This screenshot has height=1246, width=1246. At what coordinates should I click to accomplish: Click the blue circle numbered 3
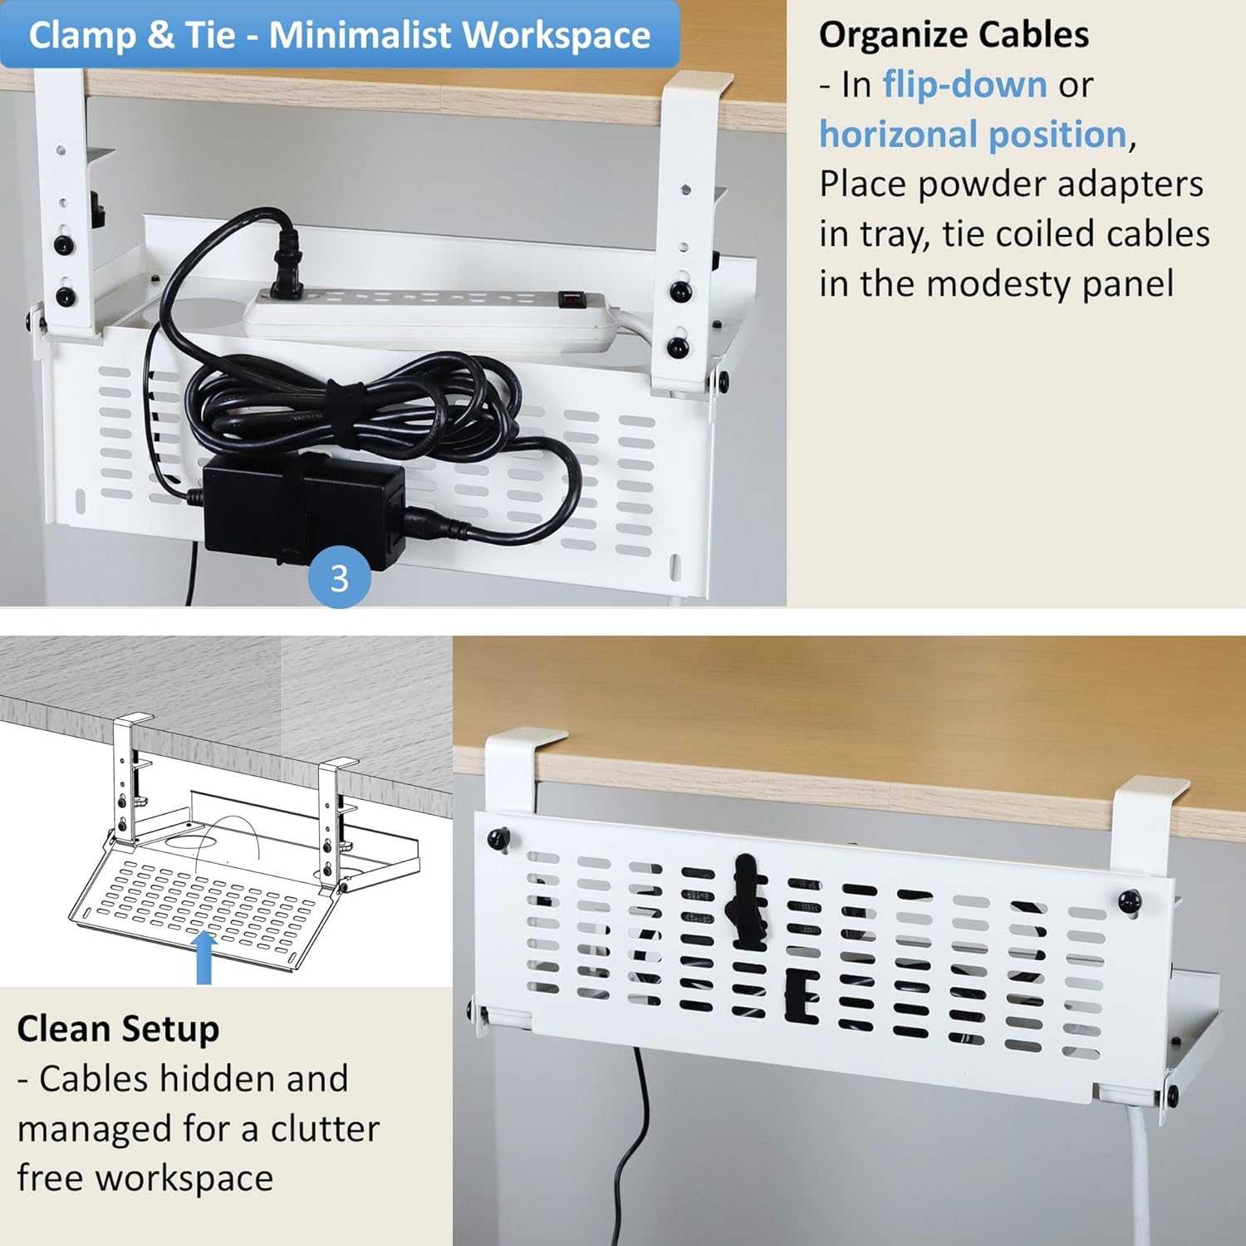click(x=340, y=578)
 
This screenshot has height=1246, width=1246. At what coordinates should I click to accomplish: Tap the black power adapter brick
click(x=304, y=511)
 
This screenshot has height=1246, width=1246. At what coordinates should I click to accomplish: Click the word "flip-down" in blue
click(x=964, y=84)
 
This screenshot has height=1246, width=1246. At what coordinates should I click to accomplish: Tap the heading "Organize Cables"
click(x=954, y=34)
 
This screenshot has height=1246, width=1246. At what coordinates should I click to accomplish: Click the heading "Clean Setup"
click(x=118, y=1029)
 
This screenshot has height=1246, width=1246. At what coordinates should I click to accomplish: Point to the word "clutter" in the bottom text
click(x=326, y=1129)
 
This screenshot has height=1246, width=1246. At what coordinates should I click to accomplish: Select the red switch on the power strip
click(x=569, y=297)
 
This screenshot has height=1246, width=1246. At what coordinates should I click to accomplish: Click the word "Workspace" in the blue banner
click(x=557, y=36)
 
